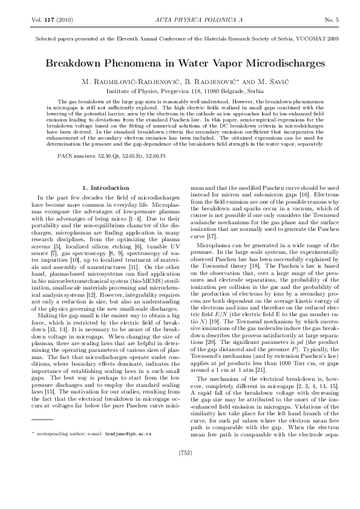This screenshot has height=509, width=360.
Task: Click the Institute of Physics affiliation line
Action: pos(180,88)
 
